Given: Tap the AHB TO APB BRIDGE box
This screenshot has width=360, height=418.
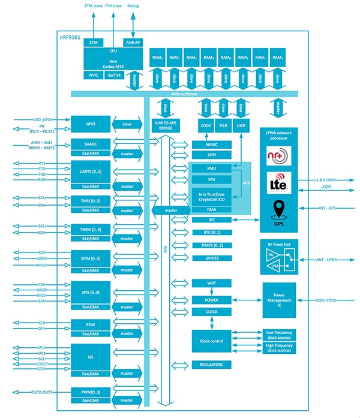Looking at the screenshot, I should [163, 125].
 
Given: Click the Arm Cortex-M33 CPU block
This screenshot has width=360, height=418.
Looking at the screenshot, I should [113, 59].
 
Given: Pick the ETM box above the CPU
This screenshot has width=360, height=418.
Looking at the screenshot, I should [93, 43].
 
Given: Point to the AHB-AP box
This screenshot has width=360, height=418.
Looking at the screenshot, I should [133, 43].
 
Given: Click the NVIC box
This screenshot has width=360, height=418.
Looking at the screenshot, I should [93, 75].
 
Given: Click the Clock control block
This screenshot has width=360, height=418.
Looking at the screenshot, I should [211, 341].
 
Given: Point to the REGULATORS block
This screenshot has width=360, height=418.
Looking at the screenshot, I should [211, 365].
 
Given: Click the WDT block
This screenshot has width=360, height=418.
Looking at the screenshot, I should [211, 282].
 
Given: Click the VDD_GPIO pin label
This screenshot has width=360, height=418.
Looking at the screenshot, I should [29, 119].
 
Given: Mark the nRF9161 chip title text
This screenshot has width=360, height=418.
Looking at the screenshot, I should [71, 37].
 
